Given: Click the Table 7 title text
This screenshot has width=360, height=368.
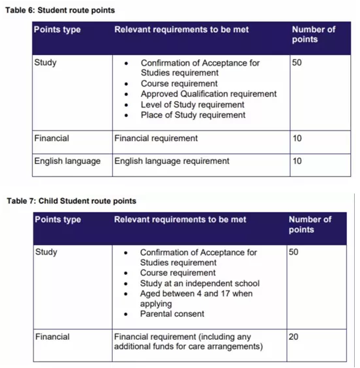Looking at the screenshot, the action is (71, 201).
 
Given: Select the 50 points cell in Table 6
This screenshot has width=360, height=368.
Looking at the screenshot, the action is (298, 63).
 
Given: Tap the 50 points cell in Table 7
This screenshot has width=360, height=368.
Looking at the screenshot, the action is (294, 253).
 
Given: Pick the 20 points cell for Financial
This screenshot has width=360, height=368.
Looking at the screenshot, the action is (294, 337).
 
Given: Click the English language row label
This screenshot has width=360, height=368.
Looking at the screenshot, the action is (68, 161).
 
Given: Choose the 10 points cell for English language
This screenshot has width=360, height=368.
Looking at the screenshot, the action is (298, 161).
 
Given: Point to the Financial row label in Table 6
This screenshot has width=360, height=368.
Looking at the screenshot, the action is (52, 138).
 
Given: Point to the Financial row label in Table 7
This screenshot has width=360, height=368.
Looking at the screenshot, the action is (52, 337).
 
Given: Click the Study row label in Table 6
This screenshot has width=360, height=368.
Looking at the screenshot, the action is (45, 63).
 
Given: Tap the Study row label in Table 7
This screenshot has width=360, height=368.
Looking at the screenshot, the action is (46, 253).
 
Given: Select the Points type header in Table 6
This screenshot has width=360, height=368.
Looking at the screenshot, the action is (58, 30).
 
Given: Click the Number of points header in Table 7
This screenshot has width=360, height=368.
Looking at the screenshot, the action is (310, 224).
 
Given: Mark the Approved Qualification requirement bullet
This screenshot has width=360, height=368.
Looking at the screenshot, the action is (209, 94).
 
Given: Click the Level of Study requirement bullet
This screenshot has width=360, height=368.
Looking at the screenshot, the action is (192, 104).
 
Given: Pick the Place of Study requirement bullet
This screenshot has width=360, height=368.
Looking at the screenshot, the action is (193, 115).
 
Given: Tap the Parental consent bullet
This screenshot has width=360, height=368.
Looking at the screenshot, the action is (172, 314).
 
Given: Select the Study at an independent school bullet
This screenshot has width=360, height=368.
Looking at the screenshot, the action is (199, 283).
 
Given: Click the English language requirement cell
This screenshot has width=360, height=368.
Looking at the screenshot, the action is (172, 161).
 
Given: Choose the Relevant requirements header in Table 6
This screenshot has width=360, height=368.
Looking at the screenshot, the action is (181, 30).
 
